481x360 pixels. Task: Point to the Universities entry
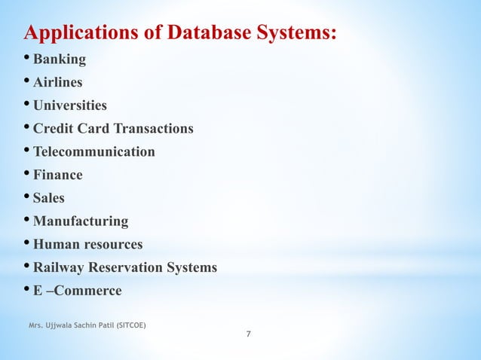pos(70,106)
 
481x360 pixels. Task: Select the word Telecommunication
pos(94,152)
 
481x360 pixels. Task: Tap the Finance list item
pos(58,175)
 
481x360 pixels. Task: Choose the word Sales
pos(49,198)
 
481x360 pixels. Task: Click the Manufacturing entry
pos(81,221)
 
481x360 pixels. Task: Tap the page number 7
pos(250,334)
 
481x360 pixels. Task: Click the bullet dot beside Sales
pos(27,197)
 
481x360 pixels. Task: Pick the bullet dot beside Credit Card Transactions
pos(27,128)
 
